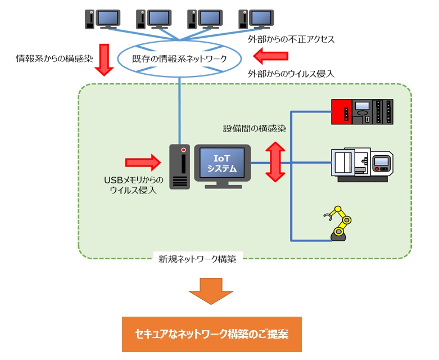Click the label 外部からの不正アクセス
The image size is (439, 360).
pos(291,39)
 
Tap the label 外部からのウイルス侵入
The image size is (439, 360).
pos(291,74)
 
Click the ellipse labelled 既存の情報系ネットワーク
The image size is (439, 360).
pos(179,58)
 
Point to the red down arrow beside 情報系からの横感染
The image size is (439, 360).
pos(103,60)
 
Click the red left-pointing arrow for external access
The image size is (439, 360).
pos(270,56)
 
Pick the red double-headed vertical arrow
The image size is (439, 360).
pos(275,162)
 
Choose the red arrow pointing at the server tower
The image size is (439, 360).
pos(142,163)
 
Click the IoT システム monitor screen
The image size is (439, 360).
pos(222,163)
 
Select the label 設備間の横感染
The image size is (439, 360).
pos(254,129)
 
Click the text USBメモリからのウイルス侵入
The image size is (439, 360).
pos(134,185)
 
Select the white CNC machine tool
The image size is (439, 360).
pos(362,164)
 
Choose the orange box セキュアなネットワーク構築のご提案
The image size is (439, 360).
pos(211,334)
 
